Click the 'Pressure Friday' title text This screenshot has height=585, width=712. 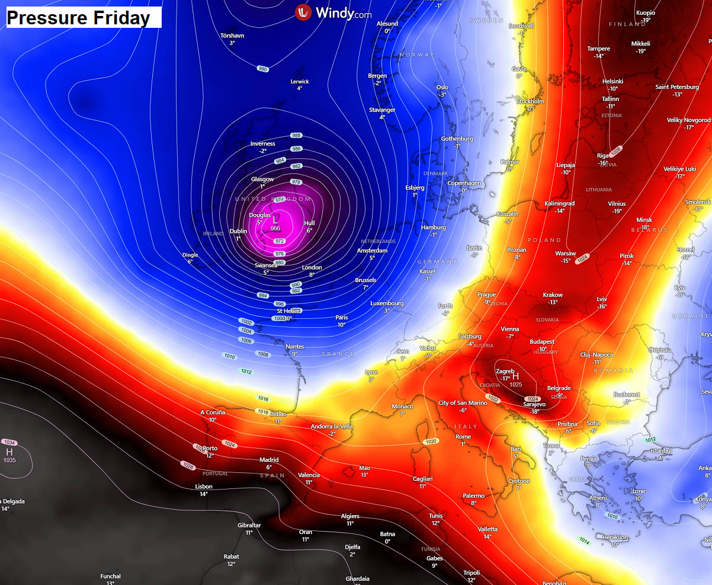pos(78,18)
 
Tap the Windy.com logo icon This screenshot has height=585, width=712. pos(303,12)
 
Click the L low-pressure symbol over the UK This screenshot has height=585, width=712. pos(275,219)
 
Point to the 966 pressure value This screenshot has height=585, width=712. pos(275,229)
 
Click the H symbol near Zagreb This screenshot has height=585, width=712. pos(515,376)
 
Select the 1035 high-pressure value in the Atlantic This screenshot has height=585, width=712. pos(9,460)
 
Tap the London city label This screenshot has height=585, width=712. pos(312,268)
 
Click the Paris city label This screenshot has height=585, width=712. pos(341,318)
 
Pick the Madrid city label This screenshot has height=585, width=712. pos(269,460)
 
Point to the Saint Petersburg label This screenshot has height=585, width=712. pos(677,87)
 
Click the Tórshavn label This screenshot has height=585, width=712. pos(232,36)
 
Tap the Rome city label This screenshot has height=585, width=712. pos(463,437)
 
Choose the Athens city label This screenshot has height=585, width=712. pos(598,498)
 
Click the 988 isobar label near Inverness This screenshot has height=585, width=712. pos(296,136)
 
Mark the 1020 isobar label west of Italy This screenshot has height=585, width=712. pos(431,442)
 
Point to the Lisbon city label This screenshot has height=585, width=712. pos(204,487)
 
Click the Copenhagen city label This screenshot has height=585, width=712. pos(464,183)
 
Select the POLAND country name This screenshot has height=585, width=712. pos(544,240)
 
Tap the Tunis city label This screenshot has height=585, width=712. pos(435,516)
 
